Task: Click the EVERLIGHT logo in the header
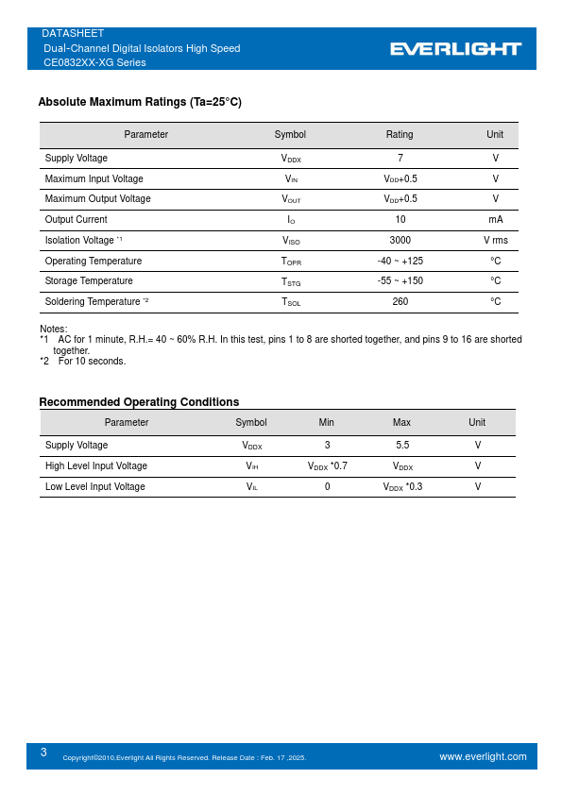[456, 48]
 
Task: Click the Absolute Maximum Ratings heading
[140, 102]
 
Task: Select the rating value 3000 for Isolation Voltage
[400, 240]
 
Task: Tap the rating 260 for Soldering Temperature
[400, 302]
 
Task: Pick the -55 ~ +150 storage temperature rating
[400, 281]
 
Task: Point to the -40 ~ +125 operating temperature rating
[400, 261]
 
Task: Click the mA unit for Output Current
[495, 220]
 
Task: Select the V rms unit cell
[495, 240]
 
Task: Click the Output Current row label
[76, 220]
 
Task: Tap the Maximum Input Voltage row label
[94, 178]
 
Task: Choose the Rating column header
[400, 135]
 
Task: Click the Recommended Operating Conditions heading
[139, 402]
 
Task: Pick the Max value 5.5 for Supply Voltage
[401, 445]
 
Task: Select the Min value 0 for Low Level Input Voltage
[327, 486]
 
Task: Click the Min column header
[327, 423]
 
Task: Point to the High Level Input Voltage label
[95, 465]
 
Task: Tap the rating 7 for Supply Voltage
[400, 159]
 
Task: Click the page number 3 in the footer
[43, 753]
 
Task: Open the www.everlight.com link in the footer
[483, 756]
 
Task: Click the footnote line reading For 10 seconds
[92, 361]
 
